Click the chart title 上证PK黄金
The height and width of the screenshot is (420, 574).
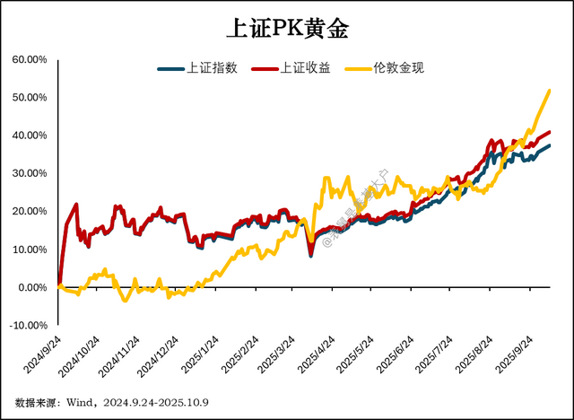tap(286, 28)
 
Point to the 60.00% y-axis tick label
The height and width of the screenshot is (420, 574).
tap(29, 59)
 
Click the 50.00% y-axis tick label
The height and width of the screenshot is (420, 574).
tap(29, 97)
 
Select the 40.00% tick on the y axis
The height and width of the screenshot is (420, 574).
tap(29, 136)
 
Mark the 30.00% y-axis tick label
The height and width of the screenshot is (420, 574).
tap(29, 173)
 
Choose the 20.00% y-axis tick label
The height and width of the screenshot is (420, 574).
tap(29, 212)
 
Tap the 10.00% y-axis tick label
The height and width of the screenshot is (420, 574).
tap(29, 249)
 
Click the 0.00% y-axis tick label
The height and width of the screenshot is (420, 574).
tap(31, 287)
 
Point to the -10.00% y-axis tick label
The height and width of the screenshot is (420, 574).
tap(27, 325)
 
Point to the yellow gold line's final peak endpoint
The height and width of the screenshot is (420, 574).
tap(549, 91)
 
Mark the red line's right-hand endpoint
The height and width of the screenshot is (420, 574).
tap(549, 133)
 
